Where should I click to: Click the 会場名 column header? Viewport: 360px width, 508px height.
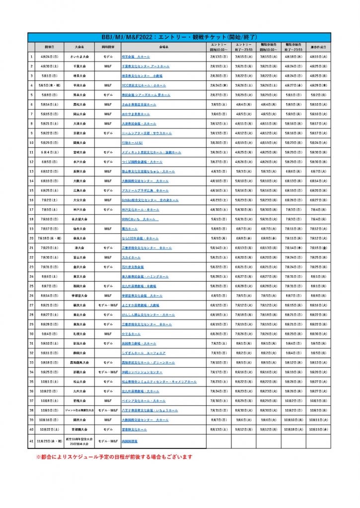point(163,47)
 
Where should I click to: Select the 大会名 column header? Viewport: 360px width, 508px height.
point(79,47)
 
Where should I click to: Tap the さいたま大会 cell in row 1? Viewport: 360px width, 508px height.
point(79,57)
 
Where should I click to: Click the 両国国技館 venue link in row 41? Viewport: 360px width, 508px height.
point(130,441)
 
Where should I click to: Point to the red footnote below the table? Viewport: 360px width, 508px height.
point(114,457)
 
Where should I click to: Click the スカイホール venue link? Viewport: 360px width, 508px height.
point(131,257)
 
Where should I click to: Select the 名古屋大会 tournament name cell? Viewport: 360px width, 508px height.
point(79,219)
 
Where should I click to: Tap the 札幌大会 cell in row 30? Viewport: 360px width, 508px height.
point(79,333)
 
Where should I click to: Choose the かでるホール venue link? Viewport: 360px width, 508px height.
point(132,333)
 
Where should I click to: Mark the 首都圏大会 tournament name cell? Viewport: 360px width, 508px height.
point(79,429)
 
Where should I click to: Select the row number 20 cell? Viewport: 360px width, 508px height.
point(31,238)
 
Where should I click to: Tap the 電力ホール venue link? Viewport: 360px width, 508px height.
point(130,229)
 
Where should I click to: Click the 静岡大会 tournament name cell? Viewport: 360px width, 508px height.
point(79,353)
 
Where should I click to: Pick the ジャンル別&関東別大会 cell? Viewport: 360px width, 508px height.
point(79,410)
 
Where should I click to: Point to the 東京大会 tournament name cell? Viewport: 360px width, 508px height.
point(79,276)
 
